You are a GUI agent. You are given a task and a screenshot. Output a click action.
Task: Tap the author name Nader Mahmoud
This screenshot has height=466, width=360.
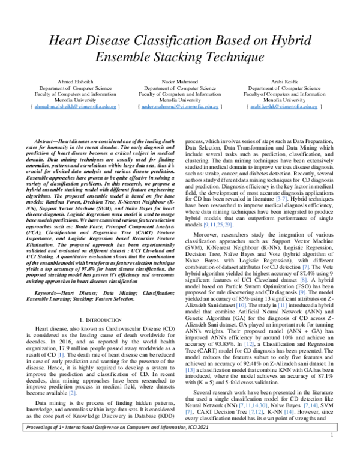point(179,80)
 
